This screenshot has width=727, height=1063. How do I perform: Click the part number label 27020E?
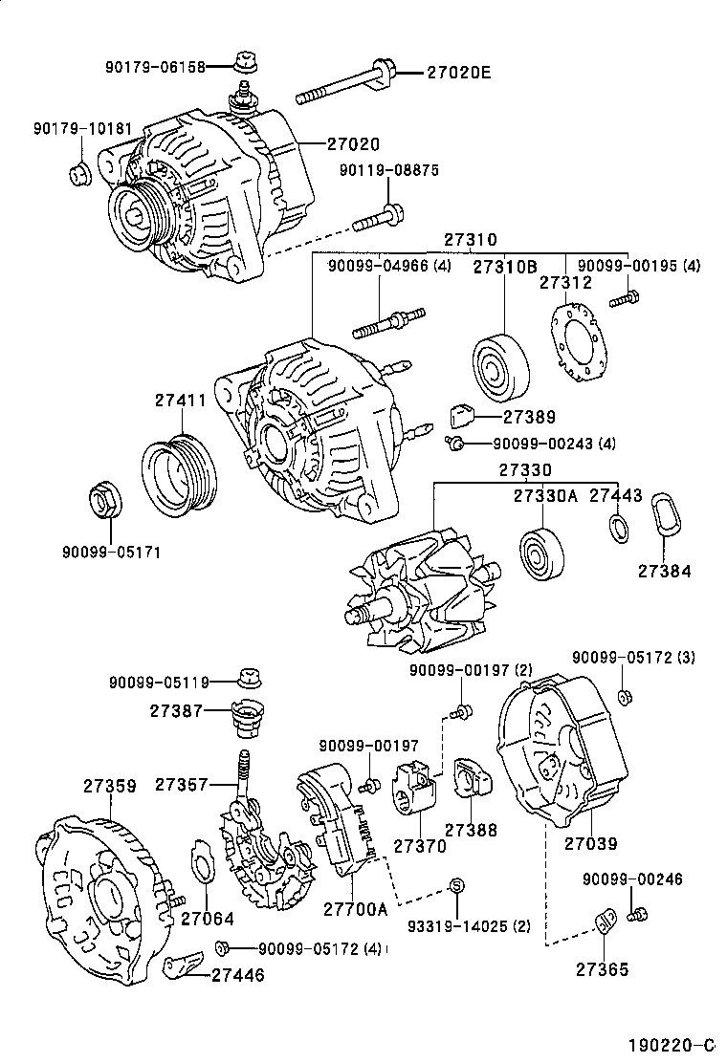[458, 72]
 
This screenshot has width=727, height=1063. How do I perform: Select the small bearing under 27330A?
[543, 552]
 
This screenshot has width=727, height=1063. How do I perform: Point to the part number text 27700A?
[355, 908]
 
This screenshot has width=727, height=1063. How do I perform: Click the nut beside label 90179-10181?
[79, 173]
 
